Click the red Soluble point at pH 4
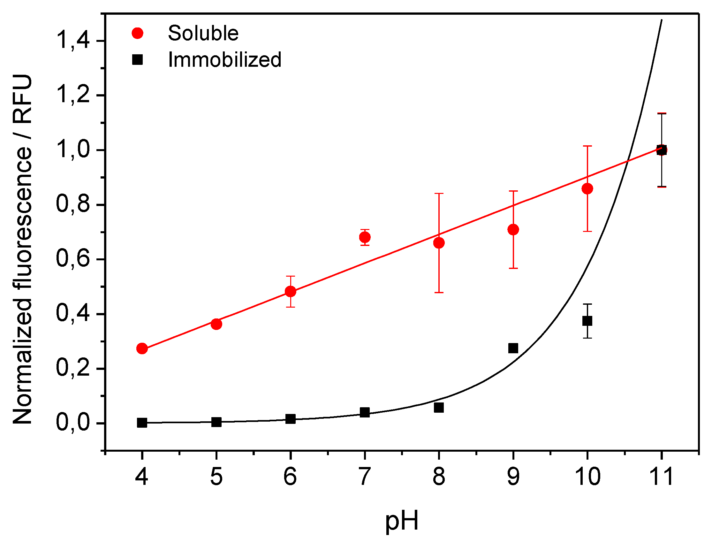coord(142,348)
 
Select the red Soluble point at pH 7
coord(365,237)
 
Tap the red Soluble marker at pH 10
coord(587,188)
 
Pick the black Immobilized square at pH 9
coord(513,348)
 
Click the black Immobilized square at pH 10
coord(587,321)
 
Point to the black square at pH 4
coord(142,423)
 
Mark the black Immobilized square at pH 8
coord(439,408)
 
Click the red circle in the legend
coord(138,33)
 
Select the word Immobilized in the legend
coord(225,60)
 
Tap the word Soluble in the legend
coord(203,33)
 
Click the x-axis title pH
coord(402,520)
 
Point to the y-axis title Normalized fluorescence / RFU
coord(23,249)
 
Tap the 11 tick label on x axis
coord(661,477)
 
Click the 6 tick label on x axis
coord(290,477)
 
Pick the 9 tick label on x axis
coord(513,477)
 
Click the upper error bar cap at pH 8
coord(439,193)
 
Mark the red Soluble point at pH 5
coord(216,324)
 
